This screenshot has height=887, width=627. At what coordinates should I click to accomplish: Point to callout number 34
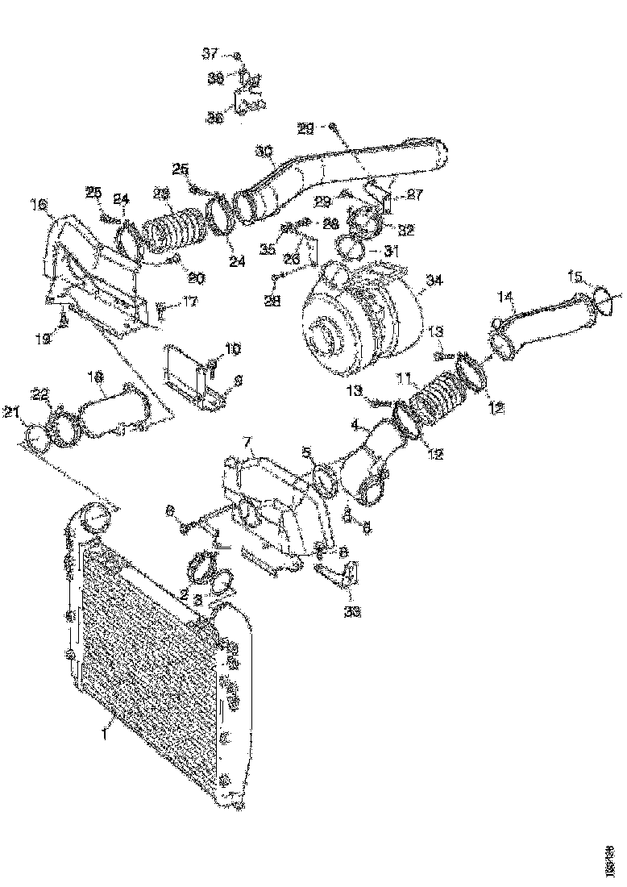[x=434, y=281]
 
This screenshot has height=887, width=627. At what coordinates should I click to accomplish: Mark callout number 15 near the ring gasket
[x=575, y=277]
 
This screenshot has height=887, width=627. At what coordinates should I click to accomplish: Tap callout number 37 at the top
[x=210, y=54]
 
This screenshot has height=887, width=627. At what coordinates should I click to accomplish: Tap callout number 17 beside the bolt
[x=189, y=303]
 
